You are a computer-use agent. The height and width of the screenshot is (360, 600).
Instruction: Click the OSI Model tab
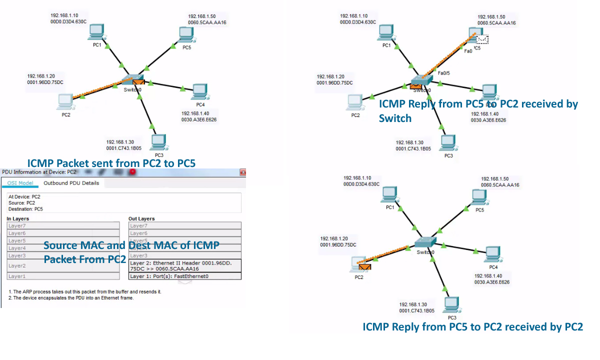(x=20, y=183)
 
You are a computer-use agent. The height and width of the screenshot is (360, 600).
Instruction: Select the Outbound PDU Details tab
(x=71, y=183)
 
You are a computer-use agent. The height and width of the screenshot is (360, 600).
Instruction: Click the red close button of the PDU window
(x=243, y=172)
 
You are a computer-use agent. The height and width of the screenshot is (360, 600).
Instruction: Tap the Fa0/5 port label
(x=444, y=73)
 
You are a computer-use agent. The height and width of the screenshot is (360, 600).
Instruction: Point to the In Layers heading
(x=18, y=218)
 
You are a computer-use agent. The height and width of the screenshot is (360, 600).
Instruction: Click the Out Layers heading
(x=141, y=218)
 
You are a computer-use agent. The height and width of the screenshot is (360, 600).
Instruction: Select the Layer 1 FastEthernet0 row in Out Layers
(x=185, y=276)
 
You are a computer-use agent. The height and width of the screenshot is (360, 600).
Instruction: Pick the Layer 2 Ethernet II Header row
(x=185, y=265)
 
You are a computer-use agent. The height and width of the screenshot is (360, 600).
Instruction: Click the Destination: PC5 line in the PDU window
(x=25, y=209)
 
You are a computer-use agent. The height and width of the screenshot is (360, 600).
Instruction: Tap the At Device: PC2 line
(x=24, y=197)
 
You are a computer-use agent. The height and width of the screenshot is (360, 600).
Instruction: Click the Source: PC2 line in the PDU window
(x=21, y=203)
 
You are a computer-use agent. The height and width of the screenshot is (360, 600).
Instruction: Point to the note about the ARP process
(x=85, y=291)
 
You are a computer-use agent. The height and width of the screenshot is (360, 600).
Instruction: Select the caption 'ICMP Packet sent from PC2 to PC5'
(x=111, y=163)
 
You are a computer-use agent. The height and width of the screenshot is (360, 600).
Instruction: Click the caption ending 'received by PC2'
(x=472, y=327)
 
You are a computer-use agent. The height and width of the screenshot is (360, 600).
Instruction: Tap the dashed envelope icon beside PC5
(x=482, y=39)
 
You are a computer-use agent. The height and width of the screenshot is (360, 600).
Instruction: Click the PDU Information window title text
(x=39, y=172)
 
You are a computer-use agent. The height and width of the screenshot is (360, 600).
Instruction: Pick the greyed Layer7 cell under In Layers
(x=63, y=226)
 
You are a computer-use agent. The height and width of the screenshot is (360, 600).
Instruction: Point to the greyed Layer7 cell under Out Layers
(x=185, y=226)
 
